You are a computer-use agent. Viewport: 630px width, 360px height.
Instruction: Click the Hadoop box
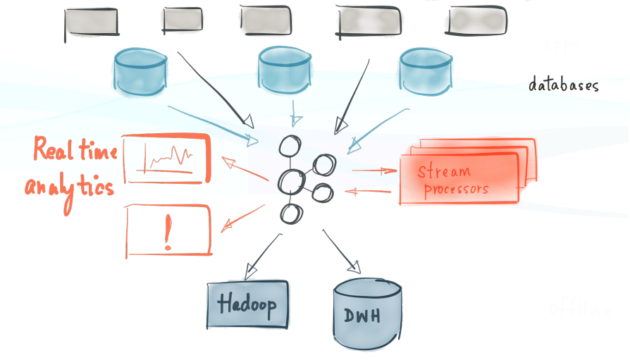(247, 304)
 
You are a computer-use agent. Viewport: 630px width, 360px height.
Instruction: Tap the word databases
(563, 86)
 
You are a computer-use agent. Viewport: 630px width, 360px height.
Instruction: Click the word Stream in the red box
(443, 171)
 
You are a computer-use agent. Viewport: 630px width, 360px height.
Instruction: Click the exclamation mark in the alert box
(168, 230)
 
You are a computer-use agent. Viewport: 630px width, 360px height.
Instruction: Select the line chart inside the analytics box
(167, 158)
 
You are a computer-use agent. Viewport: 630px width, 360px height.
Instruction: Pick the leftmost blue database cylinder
(140, 71)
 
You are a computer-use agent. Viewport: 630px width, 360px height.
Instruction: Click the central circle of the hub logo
(292, 182)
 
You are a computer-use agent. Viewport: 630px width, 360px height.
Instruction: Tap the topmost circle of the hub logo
(289, 146)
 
